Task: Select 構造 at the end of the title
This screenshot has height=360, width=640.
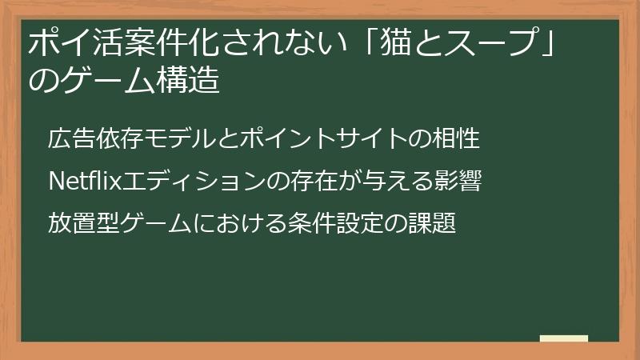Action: [191, 82]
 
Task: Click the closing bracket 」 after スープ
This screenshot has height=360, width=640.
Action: [545, 43]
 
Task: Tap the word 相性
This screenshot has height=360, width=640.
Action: [459, 138]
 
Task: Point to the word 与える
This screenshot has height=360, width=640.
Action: [405, 182]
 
